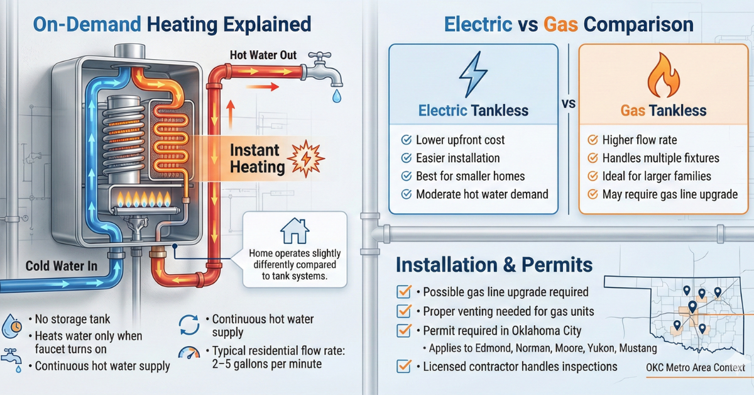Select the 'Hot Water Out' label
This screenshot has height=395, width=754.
pyautogui.click(x=263, y=55)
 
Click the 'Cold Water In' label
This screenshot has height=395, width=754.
pyautogui.click(x=62, y=267)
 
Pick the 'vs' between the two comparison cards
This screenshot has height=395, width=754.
pyautogui.click(x=567, y=104)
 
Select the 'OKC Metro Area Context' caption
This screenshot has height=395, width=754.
pyautogui.click(x=695, y=368)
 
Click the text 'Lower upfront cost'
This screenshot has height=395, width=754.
pyautogui.click(x=460, y=140)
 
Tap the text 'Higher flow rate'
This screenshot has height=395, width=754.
pyautogui.click(x=640, y=140)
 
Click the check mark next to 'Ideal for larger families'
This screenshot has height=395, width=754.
pyautogui.click(x=592, y=176)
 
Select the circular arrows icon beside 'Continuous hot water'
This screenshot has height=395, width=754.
pyautogui.click(x=188, y=325)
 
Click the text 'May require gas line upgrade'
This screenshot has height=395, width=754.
pyautogui.click(x=670, y=194)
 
